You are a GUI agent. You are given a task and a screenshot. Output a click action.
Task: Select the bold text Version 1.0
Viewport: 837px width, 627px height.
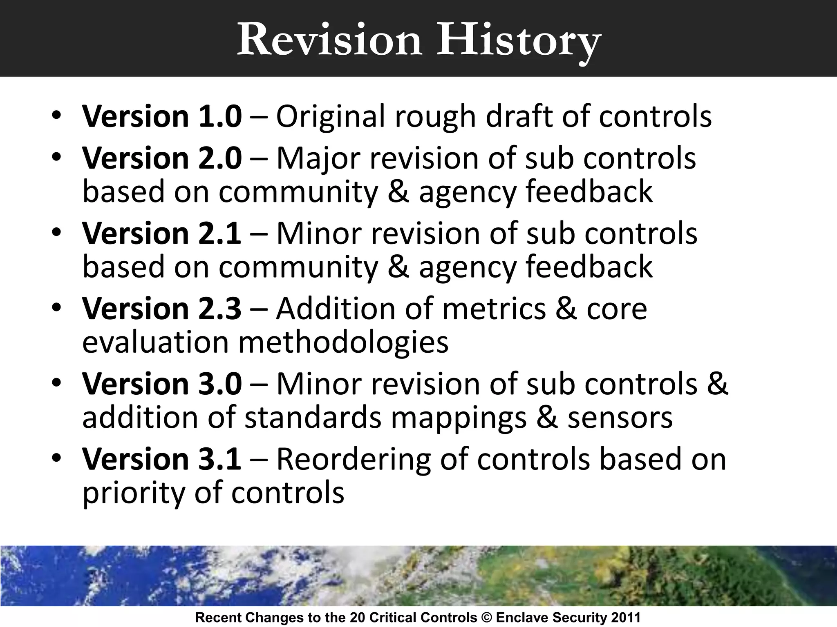[162, 116]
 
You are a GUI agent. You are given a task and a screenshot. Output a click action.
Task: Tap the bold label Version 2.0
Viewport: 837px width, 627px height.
[162, 158]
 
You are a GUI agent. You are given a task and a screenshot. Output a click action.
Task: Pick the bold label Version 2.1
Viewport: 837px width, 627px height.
[162, 233]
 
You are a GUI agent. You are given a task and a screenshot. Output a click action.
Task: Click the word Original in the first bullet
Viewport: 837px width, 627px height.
[331, 117]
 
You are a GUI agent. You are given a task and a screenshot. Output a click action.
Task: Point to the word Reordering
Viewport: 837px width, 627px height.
[354, 459]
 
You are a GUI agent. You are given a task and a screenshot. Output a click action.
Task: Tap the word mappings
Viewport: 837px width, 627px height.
[459, 418]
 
